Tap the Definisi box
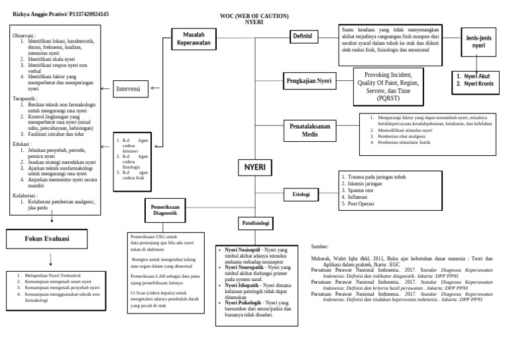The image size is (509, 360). (302, 36)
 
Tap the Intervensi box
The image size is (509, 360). (129, 88)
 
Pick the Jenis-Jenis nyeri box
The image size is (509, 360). (478, 43)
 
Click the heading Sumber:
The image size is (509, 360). (319, 245)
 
